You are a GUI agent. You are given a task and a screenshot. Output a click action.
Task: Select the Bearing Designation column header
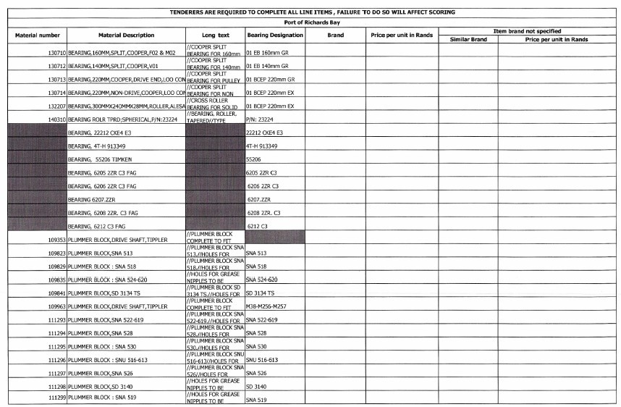click(x=274, y=35)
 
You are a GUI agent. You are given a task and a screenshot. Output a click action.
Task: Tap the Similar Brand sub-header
click(x=468, y=39)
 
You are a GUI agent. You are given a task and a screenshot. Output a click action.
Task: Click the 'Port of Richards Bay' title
click(x=313, y=22)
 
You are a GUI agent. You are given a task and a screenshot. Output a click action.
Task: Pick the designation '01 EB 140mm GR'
click(x=267, y=66)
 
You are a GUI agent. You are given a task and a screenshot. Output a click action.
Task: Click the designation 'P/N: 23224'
click(x=260, y=119)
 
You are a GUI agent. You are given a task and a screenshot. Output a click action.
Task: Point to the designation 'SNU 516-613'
click(x=262, y=359)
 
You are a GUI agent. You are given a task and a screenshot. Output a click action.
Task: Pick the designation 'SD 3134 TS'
click(x=261, y=293)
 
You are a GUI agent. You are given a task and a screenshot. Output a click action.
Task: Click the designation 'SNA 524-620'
click(x=262, y=279)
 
